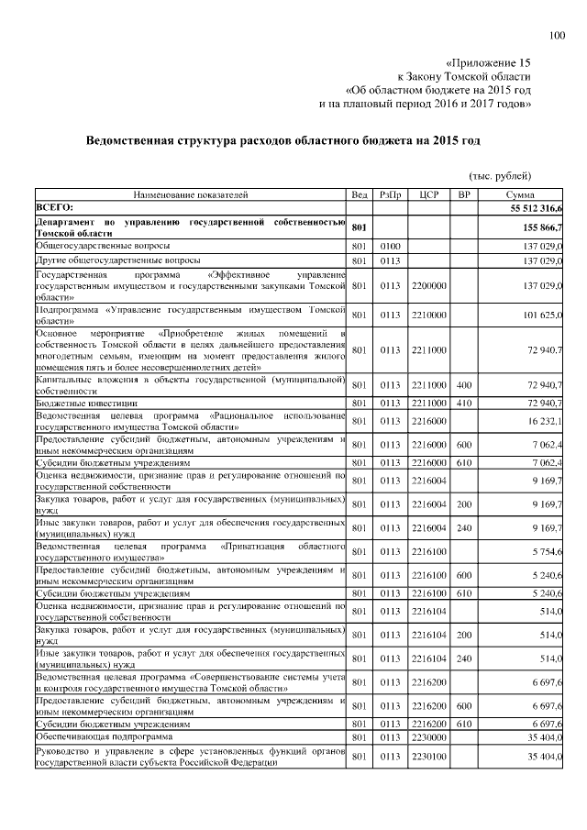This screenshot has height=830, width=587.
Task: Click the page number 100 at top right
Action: tap(557, 36)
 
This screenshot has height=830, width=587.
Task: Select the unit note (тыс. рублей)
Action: tap(500, 176)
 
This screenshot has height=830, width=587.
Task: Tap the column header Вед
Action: tap(360, 196)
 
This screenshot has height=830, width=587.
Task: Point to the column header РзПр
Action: tap(391, 196)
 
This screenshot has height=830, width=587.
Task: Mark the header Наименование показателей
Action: tap(191, 196)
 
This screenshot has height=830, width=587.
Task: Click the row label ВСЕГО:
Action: tap(55, 209)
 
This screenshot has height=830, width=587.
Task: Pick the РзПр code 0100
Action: tap(391, 247)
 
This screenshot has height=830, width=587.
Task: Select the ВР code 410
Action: tap(464, 403)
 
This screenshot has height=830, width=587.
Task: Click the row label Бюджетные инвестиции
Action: tap(87, 403)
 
